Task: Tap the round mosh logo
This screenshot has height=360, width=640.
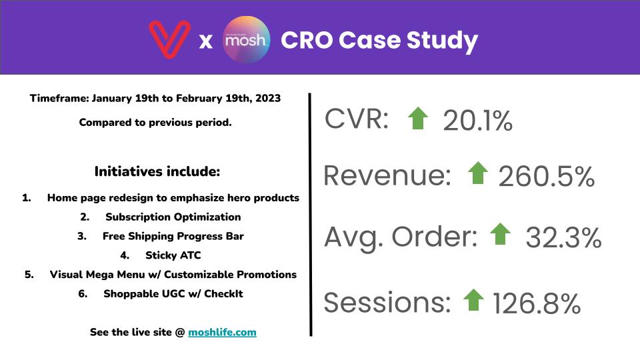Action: tap(246, 39)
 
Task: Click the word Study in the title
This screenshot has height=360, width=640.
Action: tap(442, 41)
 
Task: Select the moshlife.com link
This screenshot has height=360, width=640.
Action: tap(222, 332)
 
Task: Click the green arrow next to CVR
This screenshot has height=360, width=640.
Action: tap(418, 119)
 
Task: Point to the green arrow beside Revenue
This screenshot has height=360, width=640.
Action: tap(478, 173)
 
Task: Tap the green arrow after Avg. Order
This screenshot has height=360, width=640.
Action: tap(500, 234)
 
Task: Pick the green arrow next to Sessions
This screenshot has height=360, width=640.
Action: tap(473, 300)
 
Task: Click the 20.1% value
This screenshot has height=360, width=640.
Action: tap(477, 121)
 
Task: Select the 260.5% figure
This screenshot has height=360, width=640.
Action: tap(547, 176)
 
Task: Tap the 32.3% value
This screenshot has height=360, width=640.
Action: tap(564, 237)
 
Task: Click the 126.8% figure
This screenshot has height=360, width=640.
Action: tap(537, 303)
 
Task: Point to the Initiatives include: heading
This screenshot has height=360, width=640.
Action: tap(157, 171)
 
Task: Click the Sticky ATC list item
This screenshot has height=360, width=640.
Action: tap(173, 255)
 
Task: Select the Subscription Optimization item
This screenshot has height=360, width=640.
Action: tap(173, 217)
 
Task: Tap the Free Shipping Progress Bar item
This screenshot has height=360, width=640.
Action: tap(173, 236)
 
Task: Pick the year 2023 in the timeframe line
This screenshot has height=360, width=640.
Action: tap(268, 99)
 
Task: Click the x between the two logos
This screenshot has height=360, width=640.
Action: tap(206, 41)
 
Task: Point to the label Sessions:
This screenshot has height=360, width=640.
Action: tap(387, 302)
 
